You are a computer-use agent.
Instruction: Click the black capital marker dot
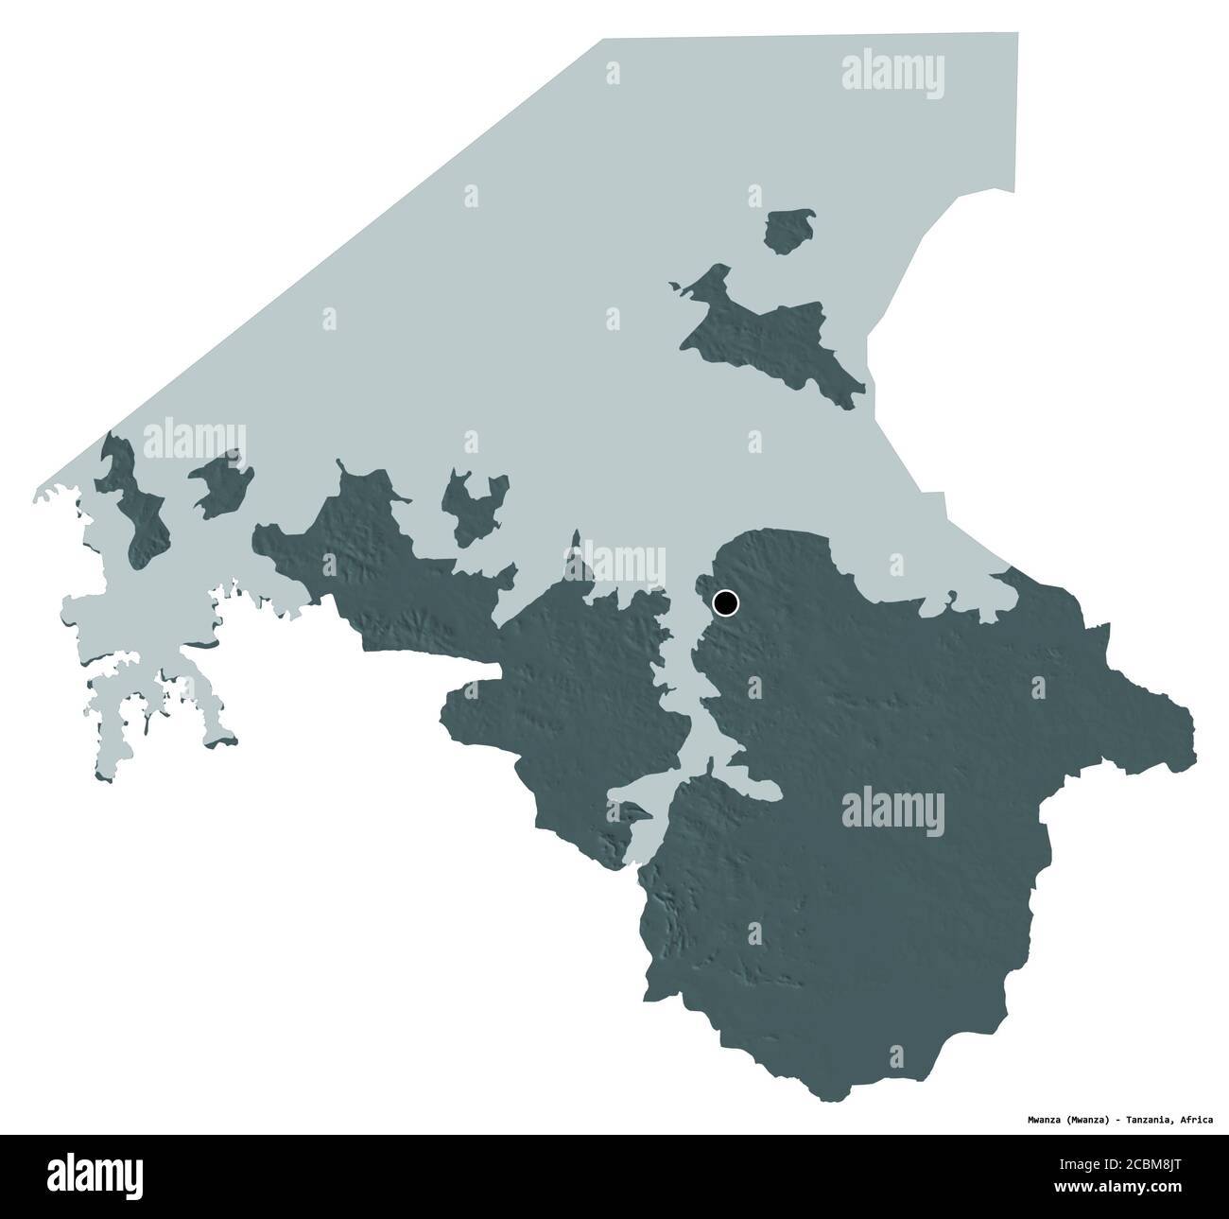pyautogui.click(x=725, y=601)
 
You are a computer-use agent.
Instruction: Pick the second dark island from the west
pyautogui.click(x=223, y=482)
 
